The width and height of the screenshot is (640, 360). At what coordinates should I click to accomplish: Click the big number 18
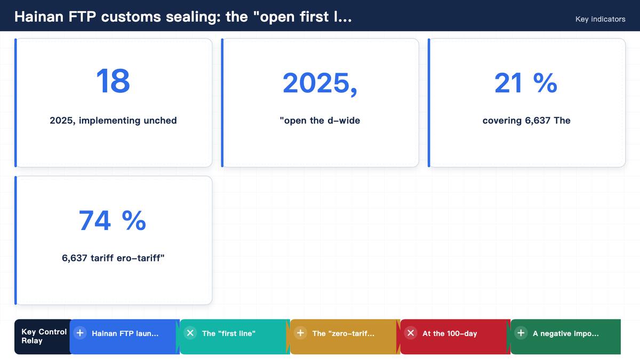click(113, 81)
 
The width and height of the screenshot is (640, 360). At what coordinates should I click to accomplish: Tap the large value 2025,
click(319, 83)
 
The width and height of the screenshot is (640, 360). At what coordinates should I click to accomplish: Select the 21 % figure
click(526, 83)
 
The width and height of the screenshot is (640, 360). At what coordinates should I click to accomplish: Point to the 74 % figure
click(113, 220)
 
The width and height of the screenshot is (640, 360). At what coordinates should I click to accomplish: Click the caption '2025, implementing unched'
click(113, 121)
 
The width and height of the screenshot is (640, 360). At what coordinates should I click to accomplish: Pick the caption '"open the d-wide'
click(319, 121)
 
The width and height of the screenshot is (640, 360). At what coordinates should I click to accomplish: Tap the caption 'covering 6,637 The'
click(526, 121)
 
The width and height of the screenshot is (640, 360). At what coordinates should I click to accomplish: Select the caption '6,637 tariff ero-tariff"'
click(113, 258)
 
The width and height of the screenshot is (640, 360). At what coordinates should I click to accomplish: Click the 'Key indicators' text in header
click(601, 19)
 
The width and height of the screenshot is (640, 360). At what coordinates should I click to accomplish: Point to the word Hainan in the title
click(39, 17)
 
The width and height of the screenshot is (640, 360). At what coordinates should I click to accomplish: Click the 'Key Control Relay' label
click(44, 337)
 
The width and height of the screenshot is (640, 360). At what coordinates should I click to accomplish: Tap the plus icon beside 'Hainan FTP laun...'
click(80, 333)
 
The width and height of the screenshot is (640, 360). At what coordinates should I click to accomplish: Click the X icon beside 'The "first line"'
click(190, 333)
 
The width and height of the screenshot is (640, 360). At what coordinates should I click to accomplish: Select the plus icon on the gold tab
click(300, 333)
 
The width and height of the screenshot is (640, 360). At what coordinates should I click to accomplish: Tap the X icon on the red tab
click(411, 333)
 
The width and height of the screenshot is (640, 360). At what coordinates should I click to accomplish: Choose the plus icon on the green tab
click(521, 333)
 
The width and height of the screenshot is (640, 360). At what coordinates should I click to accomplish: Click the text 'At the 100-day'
click(450, 333)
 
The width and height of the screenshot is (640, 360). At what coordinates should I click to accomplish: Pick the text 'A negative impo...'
click(566, 333)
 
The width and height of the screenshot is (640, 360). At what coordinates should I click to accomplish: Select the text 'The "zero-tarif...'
click(343, 333)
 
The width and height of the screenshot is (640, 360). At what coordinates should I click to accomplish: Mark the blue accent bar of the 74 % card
click(15, 241)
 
